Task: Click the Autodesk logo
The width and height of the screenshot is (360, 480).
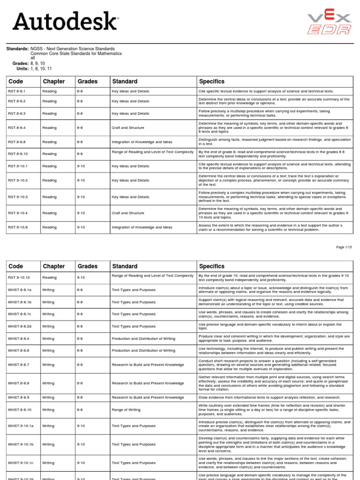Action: tap(65, 22)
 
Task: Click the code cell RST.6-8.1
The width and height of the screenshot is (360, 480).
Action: tap(16, 91)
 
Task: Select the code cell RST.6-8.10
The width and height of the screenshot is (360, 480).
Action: tap(17, 154)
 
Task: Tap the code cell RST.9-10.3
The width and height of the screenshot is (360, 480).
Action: tap(17, 197)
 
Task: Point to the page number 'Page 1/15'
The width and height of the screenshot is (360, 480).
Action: tap(344, 247)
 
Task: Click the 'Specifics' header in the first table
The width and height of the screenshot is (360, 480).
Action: tap(212, 82)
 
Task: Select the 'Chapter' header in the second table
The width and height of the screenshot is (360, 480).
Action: tap(54, 266)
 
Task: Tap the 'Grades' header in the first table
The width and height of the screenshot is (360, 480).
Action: tap(88, 82)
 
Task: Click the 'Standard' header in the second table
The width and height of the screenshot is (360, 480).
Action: tap(125, 266)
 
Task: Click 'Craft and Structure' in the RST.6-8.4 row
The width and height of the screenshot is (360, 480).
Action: tap(128, 127)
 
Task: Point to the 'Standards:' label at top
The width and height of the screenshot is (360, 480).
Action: tap(17, 49)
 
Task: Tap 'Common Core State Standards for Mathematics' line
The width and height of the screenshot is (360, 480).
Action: tap(76, 53)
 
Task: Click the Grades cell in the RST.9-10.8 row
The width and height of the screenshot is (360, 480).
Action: tap(81, 227)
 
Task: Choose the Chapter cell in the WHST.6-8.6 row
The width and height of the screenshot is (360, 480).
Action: tap(48, 350)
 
